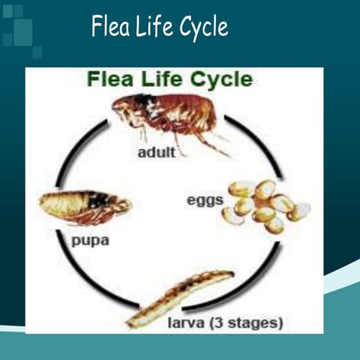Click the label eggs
pos(204,200)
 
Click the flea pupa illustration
pos(85,205)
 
